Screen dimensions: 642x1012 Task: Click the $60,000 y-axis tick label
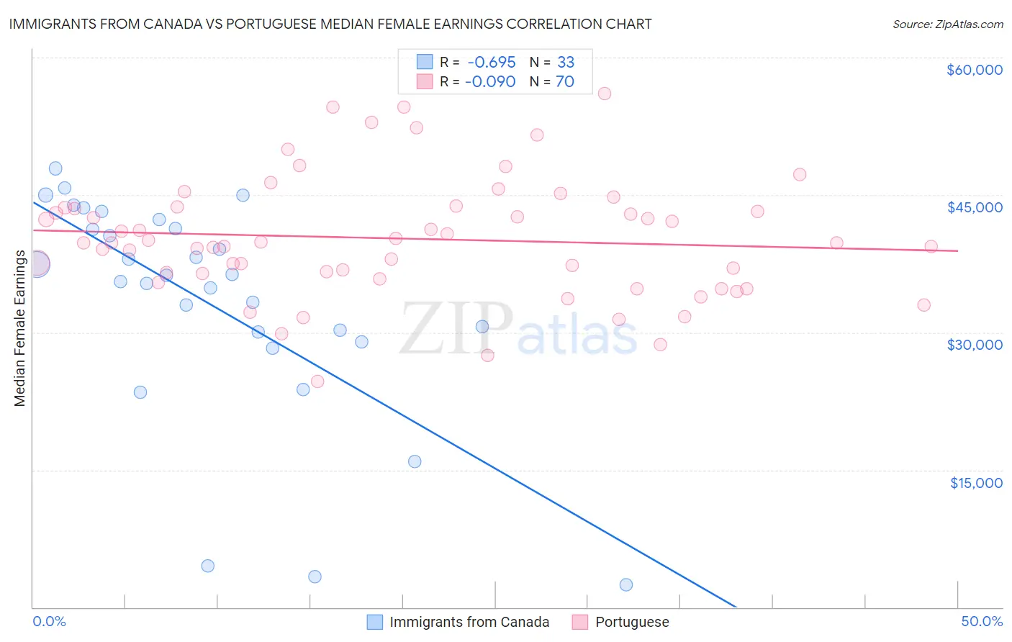[974, 70]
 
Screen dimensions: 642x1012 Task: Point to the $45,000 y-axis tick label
[974, 207]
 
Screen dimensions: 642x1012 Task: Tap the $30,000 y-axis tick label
[974, 345]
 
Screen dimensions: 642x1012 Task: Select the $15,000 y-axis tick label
[976, 483]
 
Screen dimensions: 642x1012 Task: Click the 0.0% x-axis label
[49, 621]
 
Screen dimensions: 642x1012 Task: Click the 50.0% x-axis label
[982, 621]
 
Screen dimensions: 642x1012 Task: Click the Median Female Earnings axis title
[20, 328]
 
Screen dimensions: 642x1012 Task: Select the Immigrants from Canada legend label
[469, 622]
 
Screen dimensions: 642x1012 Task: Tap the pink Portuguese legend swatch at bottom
[580, 622]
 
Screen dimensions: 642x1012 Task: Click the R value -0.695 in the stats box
[491, 63]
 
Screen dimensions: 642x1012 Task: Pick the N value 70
[564, 82]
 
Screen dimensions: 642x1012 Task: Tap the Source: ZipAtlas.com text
[947, 24]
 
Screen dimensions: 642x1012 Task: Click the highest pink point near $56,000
[605, 94]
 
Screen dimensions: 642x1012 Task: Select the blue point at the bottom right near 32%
[626, 584]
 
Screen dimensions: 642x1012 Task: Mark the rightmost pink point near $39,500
[931, 246]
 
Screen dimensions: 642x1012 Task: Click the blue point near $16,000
[415, 461]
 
